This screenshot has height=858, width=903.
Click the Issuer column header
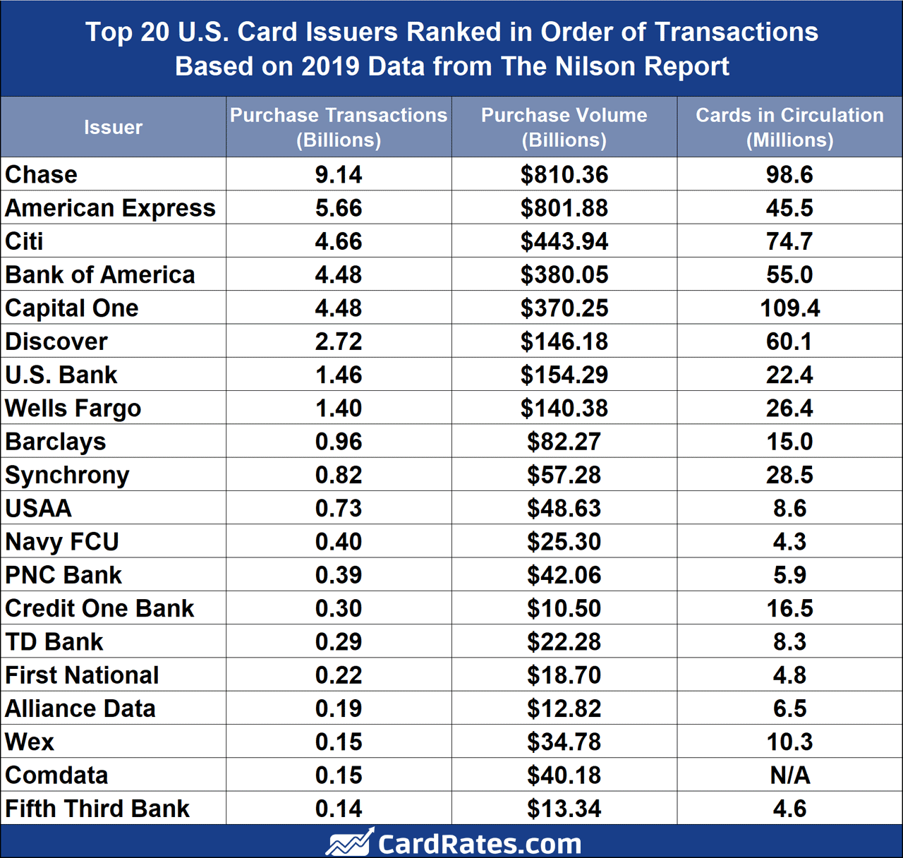pyautogui.click(x=113, y=128)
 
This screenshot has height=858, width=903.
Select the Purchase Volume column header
pyautogui.click(x=564, y=127)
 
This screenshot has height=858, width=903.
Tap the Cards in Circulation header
pyautogui.click(x=789, y=127)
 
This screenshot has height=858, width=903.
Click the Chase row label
pyautogui.click(x=42, y=174)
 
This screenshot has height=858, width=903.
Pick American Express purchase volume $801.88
pyautogui.click(x=564, y=208)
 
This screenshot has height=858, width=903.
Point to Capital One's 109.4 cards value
pyautogui.click(x=789, y=308)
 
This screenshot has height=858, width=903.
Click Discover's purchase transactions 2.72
pyautogui.click(x=339, y=342)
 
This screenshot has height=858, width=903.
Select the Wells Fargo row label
pyautogui.click(x=73, y=409)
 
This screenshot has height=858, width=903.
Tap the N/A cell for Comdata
pyautogui.click(x=789, y=775)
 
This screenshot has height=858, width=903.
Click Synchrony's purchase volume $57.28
pyautogui.click(x=564, y=475)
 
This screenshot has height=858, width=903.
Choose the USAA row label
pyautogui.click(x=39, y=509)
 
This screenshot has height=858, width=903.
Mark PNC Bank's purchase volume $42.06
pyautogui.click(x=564, y=575)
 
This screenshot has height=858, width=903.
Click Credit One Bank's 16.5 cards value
pyautogui.click(x=789, y=608)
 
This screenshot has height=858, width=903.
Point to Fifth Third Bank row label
pyautogui.click(x=97, y=809)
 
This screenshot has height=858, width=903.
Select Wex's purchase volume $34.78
pyautogui.click(x=564, y=742)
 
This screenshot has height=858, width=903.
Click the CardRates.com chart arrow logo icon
pyautogui.click(x=349, y=842)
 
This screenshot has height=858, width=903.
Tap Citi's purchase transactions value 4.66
pyautogui.click(x=339, y=241)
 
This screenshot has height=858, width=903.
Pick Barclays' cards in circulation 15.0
pyautogui.click(x=789, y=442)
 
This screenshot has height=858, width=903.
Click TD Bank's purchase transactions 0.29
pyautogui.click(x=339, y=642)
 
